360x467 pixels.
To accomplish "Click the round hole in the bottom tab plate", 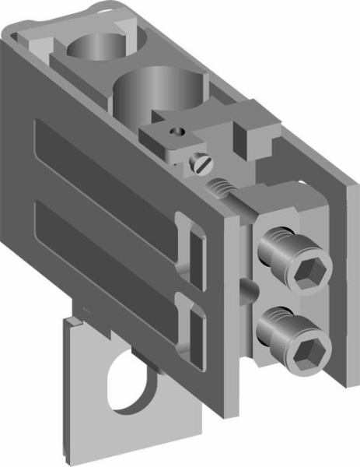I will click(129, 382).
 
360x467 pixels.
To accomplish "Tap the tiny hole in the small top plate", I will click(178, 132).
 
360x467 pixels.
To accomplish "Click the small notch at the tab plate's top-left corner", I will click(72, 319).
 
